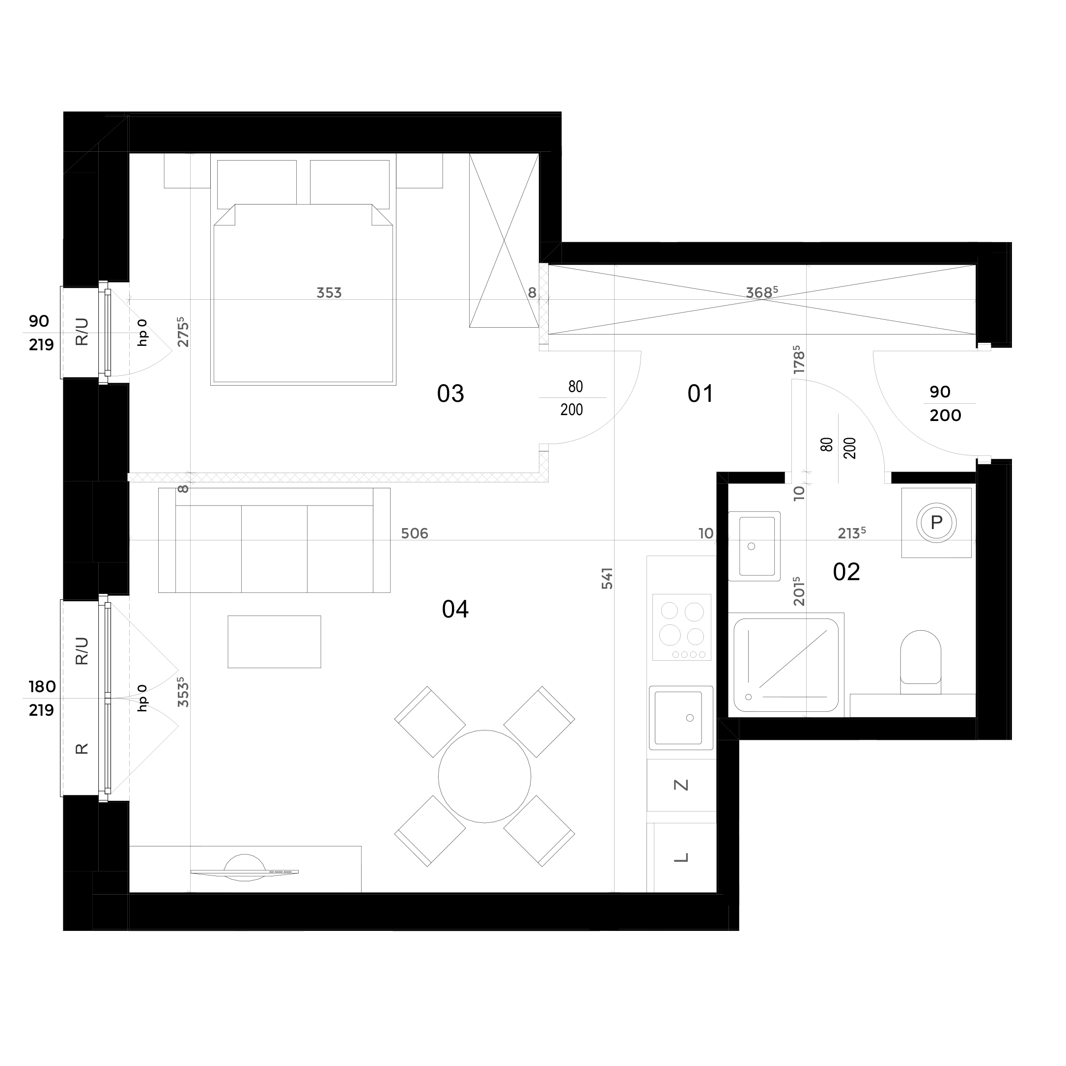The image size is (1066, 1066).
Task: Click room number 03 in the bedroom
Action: (x=450, y=394)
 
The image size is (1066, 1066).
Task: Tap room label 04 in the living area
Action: (x=455, y=609)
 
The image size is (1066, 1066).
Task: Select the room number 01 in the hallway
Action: (x=700, y=394)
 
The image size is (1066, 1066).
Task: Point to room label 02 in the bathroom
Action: (x=846, y=572)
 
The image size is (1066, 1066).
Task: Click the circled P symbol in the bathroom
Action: (x=936, y=523)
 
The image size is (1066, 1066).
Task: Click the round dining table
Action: (x=484, y=776)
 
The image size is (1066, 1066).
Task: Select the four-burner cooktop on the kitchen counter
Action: (x=681, y=627)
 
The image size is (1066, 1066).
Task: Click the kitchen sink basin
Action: (x=681, y=718)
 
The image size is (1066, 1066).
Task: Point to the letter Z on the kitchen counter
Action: (x=682, y=785)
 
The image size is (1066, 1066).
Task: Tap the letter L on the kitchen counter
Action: (x=682, y=857)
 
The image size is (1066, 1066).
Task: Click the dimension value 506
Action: (x=415, y=533)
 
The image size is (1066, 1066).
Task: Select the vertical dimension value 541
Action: (x=607, y=578)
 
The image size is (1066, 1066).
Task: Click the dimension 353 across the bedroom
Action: (x=329, y=292)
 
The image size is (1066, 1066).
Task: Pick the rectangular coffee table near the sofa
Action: (x=274, y=642)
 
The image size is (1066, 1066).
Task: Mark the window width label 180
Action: (x=42, y=687)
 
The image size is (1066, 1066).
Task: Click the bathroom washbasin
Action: (x=754, y=546)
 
